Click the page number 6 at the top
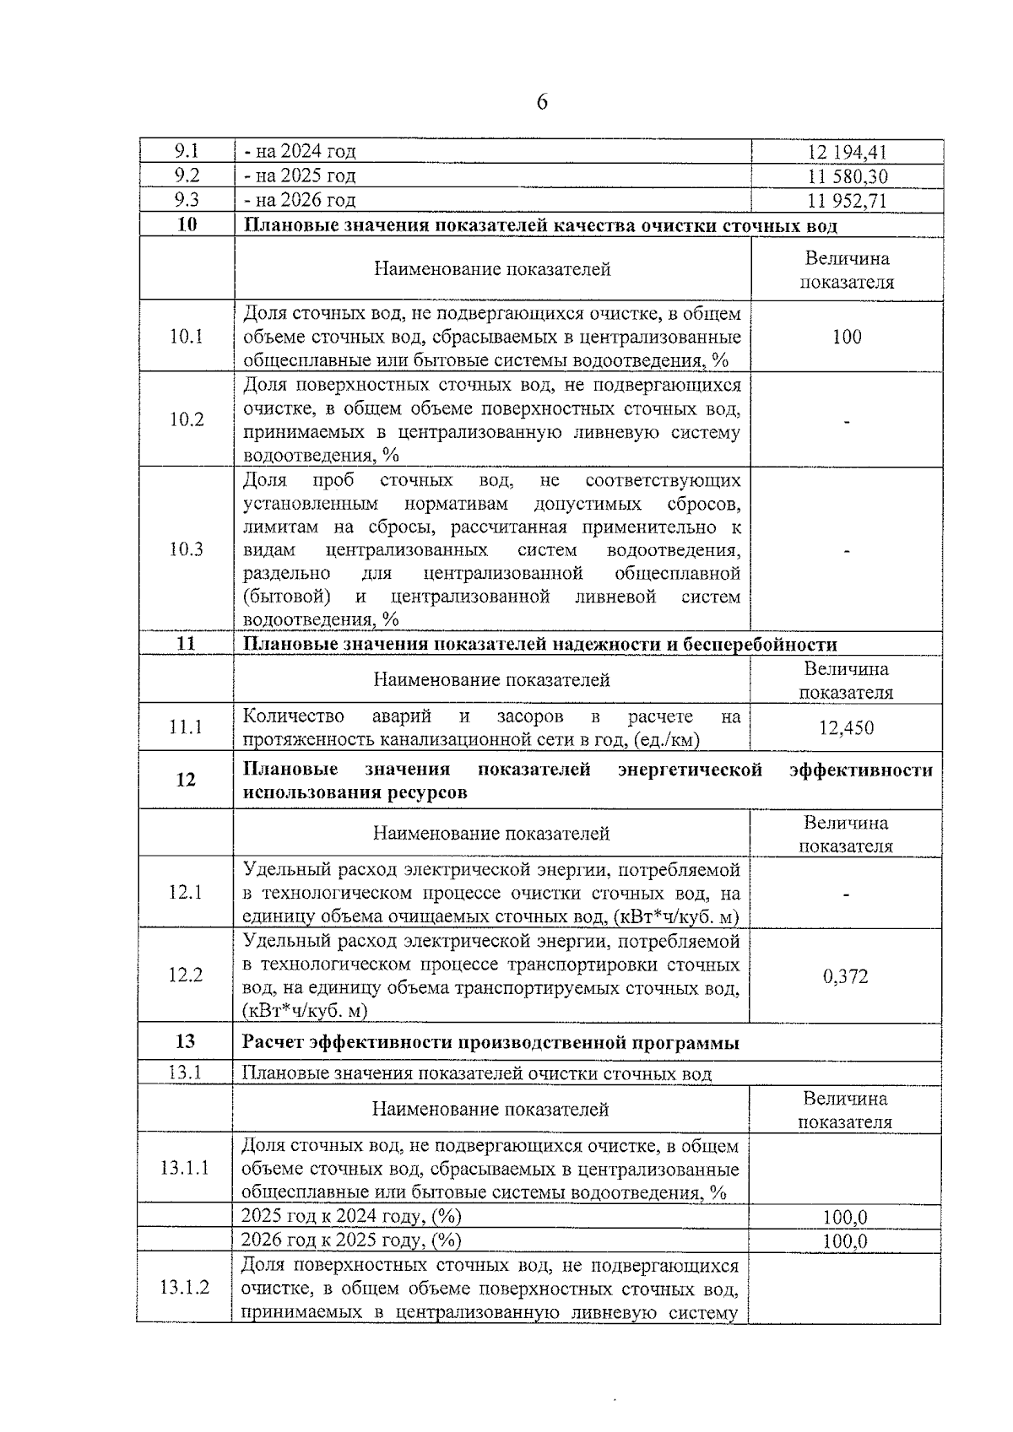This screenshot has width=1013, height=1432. coord(541,103)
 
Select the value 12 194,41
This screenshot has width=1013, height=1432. coord(846,153)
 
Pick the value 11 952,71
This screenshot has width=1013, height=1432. coord(846,201)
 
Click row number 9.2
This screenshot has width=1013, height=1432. coord(187,176)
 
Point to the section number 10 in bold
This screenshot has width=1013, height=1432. coord(187,225)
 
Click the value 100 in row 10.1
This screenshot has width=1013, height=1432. coord(846,337)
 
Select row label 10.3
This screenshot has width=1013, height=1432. coord(187,549)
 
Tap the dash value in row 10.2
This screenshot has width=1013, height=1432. coord(846,420)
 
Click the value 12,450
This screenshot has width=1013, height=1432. coord(846,727)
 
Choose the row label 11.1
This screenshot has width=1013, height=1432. coord(186,727)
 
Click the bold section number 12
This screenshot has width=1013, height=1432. coord(186,780)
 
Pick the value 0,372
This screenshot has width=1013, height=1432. coord(845,976)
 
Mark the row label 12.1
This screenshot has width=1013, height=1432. coord(186,892)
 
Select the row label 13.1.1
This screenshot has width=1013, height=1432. coord(185,1169)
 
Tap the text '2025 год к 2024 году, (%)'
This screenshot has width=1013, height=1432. coord(351,1216)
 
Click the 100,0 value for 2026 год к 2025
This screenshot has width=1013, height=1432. coord(845,1241)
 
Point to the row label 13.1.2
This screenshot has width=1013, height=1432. coord(185,1289)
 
